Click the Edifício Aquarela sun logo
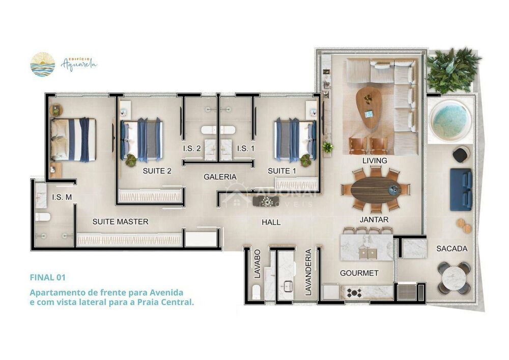42,65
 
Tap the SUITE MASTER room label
121,221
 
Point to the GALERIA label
220,177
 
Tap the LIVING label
375,160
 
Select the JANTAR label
374,219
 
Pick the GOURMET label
359,273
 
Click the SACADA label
451,248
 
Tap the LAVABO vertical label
258,263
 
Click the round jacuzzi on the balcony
449,120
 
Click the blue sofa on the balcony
461,189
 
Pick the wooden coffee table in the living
371,106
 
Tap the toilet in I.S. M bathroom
42,217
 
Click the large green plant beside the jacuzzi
453,69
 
